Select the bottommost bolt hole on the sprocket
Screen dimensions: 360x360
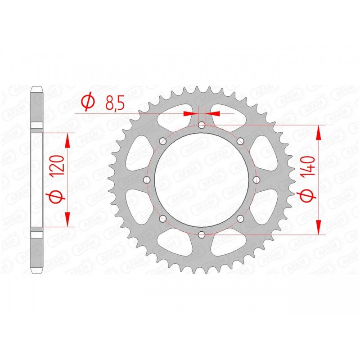click(202, 234)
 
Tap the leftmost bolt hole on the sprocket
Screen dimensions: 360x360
click(147, 180)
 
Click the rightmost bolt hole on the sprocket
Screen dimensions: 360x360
click(256, 180)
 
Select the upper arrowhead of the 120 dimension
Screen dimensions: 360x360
click(68, 140)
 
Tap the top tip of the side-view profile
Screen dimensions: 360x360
click(37, 86)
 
